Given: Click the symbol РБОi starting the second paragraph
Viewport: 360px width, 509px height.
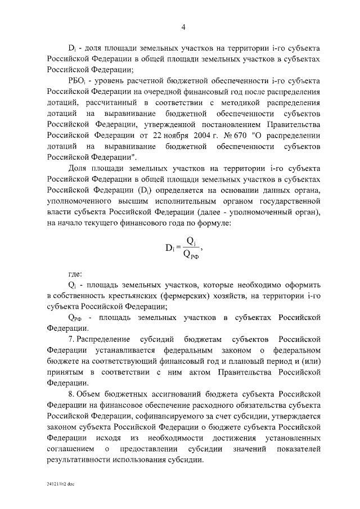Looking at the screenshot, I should pyautogui.click(x=76, y=81).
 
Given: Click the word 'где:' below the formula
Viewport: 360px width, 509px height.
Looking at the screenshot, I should pyautogui.click(x=75, y=274).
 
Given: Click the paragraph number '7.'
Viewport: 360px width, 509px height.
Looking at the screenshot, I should pyautogui.click(x=71, y=339).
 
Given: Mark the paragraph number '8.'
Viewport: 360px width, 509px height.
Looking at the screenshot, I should pyautogui.click(x=71, y=393).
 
